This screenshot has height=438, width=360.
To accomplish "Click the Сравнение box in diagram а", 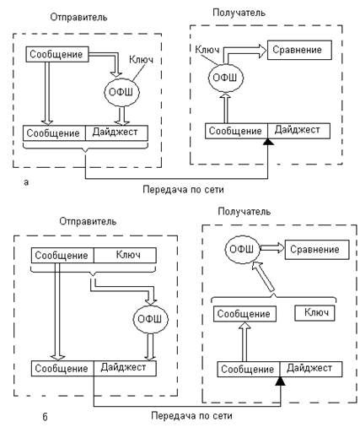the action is (299, 50).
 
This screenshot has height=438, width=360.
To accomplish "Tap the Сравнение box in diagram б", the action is (317, 250).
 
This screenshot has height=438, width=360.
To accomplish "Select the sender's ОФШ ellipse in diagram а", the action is (121, 92).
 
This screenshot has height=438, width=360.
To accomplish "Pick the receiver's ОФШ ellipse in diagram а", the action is (226, 78).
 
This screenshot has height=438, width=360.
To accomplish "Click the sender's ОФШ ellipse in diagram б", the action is (151, 319).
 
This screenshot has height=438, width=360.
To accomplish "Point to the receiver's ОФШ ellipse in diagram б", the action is (242, 250).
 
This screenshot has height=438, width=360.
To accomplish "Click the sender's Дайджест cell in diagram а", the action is (116, 133).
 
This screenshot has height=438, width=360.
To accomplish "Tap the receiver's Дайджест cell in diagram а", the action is (298, 131).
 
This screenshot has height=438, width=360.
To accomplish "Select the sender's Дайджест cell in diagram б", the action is (125, 368).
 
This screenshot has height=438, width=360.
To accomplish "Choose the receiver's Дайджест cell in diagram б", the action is (311, 369).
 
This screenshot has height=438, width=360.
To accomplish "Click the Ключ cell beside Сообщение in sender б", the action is (125, 256).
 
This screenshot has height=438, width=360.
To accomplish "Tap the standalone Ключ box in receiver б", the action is (314, 313).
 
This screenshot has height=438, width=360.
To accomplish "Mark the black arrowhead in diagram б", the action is (281, 381).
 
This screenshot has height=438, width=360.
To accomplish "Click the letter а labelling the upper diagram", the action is (26, 182).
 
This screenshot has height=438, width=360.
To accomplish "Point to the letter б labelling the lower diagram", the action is (45, 416).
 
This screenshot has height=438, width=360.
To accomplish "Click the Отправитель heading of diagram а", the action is (78, 18).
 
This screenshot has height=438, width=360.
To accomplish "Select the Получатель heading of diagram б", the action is (244, 212).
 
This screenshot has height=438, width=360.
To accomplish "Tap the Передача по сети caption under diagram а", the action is (183, 190).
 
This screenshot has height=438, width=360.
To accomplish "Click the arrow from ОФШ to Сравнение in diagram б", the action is (272, 248).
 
